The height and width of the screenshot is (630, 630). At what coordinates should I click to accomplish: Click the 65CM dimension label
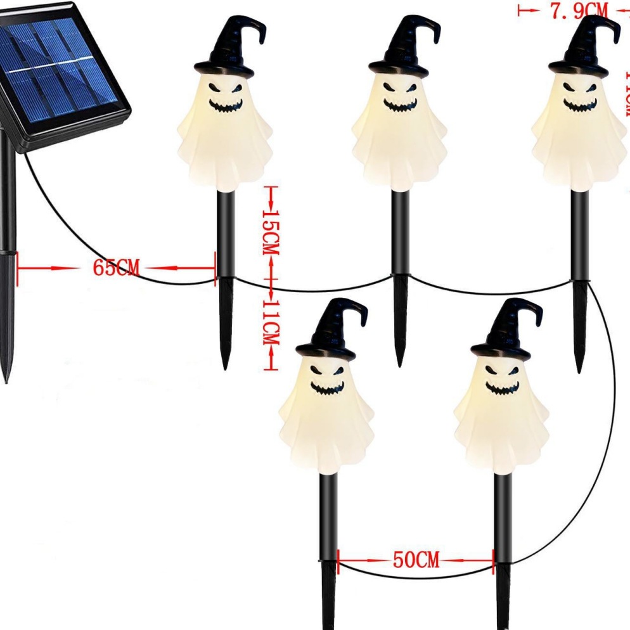116,267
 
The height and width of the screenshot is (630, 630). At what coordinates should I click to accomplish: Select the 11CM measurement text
271,323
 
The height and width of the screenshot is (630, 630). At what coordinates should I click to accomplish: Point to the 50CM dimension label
416,560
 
